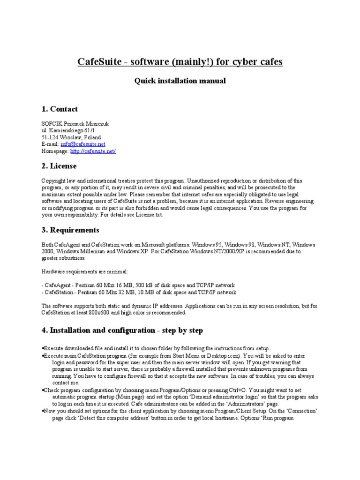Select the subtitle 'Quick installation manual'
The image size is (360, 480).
[180, 81]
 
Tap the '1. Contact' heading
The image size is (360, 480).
[60, 109]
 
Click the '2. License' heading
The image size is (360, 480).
[59, 166]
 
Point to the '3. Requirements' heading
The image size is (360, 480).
[70, 230]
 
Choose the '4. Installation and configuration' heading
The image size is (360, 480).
[122, 330]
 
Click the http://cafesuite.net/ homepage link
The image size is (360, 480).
[93, 151]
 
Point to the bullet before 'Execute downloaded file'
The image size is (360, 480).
[43, 348]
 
